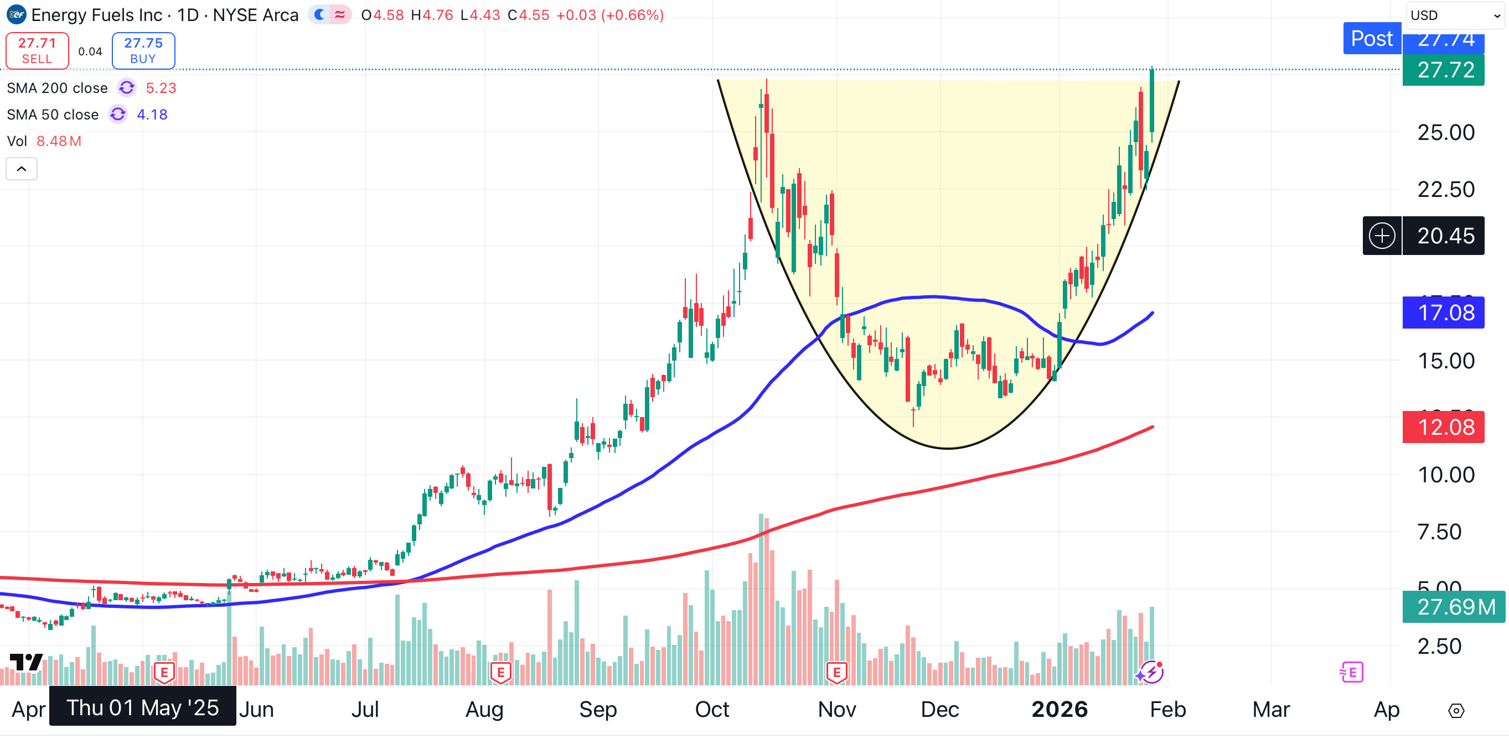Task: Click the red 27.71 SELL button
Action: coord(37,50)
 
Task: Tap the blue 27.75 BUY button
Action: coord(143,50)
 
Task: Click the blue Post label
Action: coord(1371,39)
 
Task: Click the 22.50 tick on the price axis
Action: coord(1445,189)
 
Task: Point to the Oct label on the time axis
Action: coord(712,709)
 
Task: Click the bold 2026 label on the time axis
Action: coord(1059,709)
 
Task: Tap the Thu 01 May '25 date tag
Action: coord(142,707)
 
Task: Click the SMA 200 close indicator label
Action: coord(58,88)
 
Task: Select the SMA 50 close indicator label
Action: coord(53,114)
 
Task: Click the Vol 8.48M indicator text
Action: coord(44,141)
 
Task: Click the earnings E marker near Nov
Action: coord(836,672)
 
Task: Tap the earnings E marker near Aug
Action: coord(501,672)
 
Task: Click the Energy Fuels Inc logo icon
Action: coord(16,14)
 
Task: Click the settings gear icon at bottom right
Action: coord(1456,710)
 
